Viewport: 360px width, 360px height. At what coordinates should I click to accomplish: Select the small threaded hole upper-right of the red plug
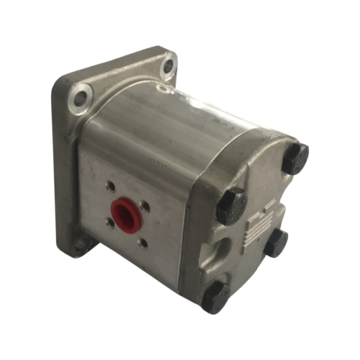[146, 206]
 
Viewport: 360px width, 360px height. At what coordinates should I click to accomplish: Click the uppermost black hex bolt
[294, 158]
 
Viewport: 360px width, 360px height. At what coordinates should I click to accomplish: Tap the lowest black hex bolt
[215, 297]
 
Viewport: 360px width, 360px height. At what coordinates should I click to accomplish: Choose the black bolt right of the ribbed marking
[276, 243]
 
